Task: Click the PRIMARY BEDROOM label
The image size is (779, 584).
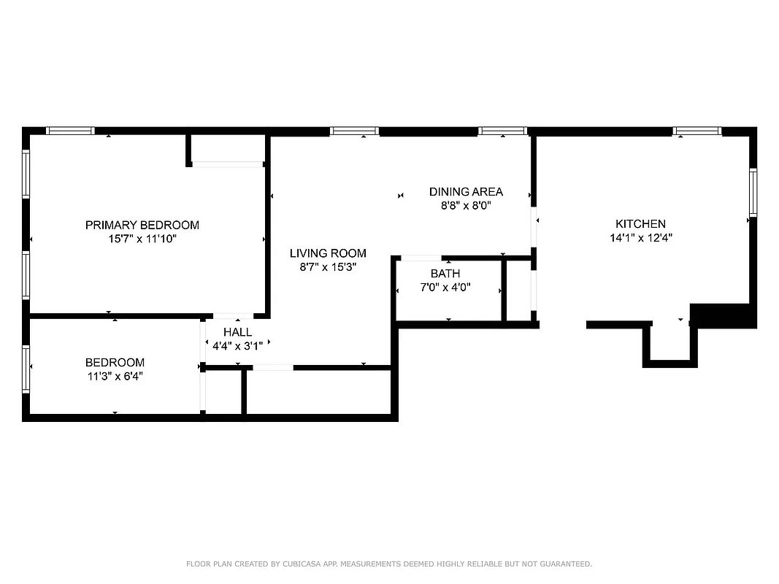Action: pos(142,225)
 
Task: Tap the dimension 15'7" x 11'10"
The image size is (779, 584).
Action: pos(142,238)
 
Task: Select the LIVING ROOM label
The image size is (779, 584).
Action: pos(328,253)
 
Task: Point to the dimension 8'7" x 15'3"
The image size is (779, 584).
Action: pos(328,266)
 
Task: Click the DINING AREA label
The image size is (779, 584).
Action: pos(466,192)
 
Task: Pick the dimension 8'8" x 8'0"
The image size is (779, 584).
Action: pos(466,205)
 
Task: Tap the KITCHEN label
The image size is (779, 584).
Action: pos(640,224)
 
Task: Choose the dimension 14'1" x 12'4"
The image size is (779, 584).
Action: pos(640,237)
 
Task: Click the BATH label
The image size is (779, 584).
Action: pos(445,274)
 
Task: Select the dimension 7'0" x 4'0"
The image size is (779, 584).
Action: pos(445,287)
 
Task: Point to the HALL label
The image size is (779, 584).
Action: pos(237,332)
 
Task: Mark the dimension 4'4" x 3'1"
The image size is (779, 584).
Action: pos(237,345)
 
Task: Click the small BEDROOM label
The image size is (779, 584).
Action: pos(115,363)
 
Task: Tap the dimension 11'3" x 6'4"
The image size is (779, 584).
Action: pos(115,376)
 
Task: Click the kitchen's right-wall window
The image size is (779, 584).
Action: pos(753,193)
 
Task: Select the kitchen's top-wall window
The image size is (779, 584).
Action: pos(697,131)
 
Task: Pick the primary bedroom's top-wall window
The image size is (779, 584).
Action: pos(70,131)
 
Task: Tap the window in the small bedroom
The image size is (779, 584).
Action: pos(26,369)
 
